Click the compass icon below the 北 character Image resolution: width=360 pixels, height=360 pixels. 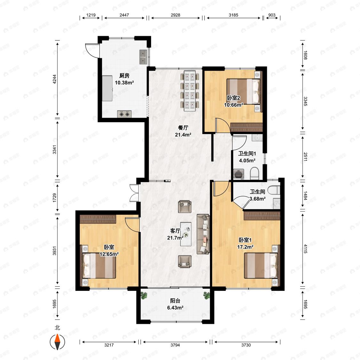click(57, 342)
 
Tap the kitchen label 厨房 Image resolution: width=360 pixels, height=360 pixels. click(124, 76)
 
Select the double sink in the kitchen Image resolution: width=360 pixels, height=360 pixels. click(143, 57)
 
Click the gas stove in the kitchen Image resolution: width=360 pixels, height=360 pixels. click(124, 114)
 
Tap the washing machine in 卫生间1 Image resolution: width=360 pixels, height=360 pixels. click(239, 174)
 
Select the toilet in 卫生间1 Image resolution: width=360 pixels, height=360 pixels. click(254, 173)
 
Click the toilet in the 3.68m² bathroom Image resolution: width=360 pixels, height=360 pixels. click(274, 190)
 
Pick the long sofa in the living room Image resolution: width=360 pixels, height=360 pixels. click(204, 234)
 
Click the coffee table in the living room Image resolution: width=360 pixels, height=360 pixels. click(186, 234)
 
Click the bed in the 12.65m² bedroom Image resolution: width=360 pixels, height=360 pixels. click(99, 266)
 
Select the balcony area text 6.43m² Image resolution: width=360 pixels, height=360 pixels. click(175, 308)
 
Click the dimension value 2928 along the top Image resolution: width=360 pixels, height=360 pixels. click(175, 15)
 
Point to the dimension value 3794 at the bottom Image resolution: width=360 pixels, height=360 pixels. click(175, 345)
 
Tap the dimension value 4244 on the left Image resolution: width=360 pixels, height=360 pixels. click(54, 79)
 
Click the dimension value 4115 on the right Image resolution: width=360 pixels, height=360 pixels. click(305, 249)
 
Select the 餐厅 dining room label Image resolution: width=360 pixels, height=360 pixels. click(183, 128)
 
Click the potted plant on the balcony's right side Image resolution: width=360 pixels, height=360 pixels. click(206, 295)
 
